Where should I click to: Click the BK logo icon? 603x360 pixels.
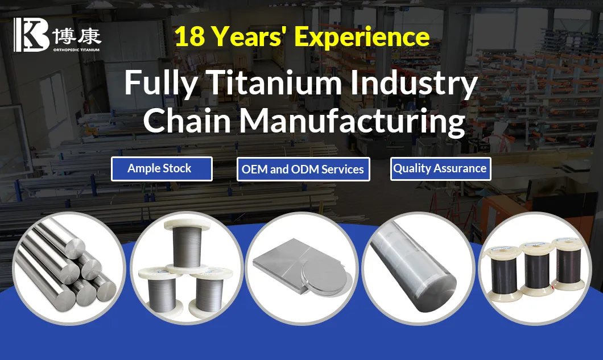[32, 34]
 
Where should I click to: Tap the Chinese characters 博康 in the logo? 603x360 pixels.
[76, 37]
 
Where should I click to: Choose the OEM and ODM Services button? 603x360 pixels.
[303, 169]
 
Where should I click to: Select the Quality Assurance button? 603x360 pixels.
[440, 168]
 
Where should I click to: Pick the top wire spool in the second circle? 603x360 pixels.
[187, 242]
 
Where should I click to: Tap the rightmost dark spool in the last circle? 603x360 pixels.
[568, 267]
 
